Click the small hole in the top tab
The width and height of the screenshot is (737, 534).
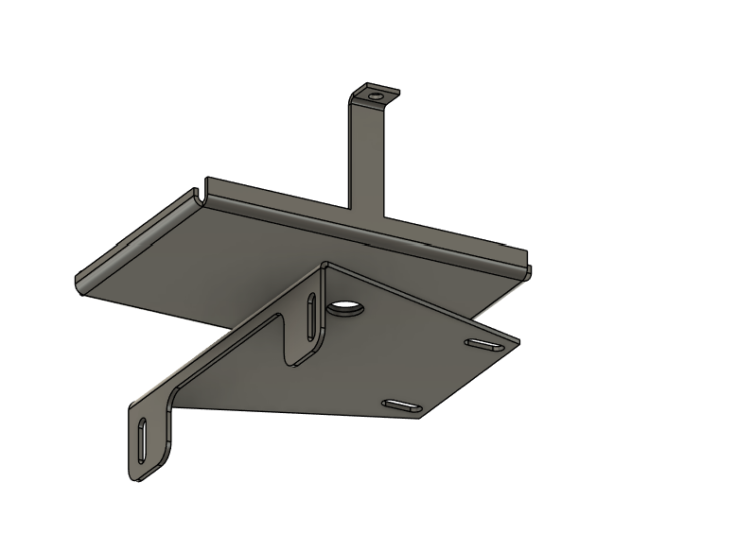point(377,95)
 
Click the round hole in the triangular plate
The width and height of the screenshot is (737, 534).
point(346,308)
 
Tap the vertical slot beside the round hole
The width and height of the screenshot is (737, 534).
point(311,317)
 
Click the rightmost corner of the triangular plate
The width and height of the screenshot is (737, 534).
point(518,337)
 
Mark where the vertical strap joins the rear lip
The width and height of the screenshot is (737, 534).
point(368,214)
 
